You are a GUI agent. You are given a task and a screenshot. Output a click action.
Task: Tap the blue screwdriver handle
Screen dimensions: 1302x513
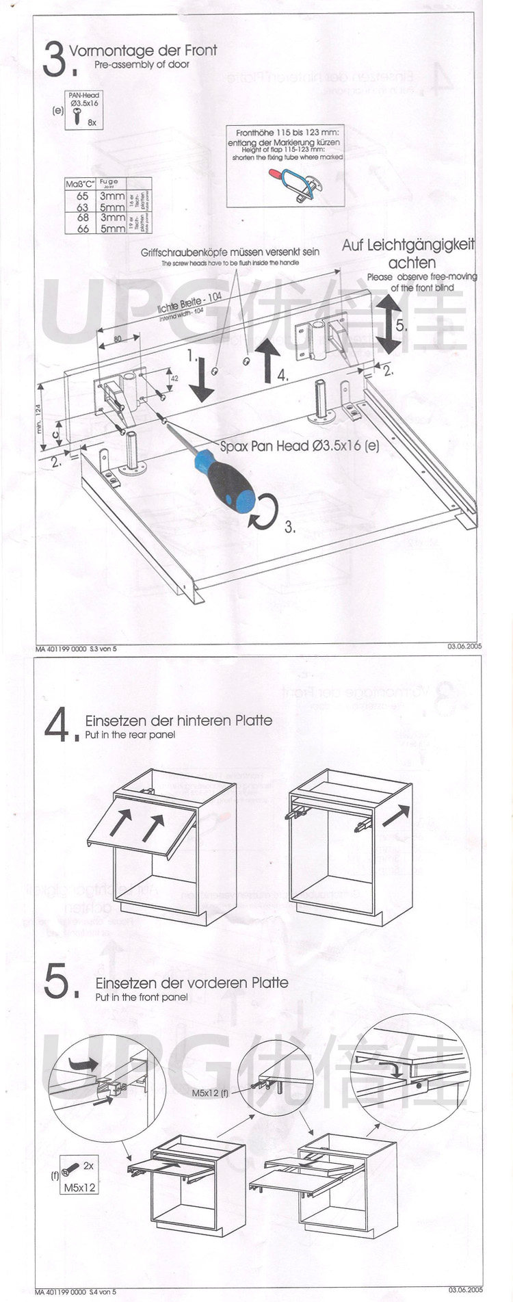point(226,483)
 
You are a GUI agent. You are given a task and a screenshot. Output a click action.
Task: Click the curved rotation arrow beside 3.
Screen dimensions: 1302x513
point(265,512)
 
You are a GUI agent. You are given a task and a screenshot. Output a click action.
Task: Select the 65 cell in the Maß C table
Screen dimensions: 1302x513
point(82,196)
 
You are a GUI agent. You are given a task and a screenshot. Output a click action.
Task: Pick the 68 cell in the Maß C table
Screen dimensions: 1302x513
point(82,218)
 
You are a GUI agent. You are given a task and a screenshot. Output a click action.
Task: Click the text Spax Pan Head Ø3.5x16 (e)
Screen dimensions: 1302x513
point(300,446)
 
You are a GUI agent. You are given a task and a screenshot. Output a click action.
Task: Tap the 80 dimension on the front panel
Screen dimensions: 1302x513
point(118,339)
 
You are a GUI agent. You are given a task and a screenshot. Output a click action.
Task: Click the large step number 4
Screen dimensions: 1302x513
point(57,727)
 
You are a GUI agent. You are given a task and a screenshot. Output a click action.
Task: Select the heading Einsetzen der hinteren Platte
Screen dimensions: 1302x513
point(178,720)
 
